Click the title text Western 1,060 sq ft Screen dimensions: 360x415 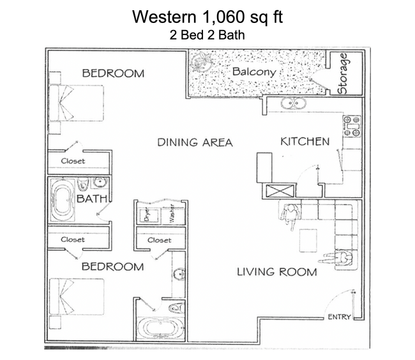tap(207, 17)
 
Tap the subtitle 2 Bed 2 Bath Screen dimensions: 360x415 tap(207, 36)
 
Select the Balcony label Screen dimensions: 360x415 tap(254, 71)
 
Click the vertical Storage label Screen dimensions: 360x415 tap(343, 73)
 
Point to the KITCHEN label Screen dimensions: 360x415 tap(305, 141)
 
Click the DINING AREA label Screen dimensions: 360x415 tap(195, 142)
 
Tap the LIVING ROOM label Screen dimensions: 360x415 tap(276, 272)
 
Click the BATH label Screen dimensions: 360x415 tap(91, 199)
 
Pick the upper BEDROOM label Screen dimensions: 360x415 tap(113, 73)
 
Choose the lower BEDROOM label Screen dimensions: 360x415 tap(112, 266)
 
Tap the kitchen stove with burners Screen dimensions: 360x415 tap(352, 126)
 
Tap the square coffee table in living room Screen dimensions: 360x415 tap(311, 239)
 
